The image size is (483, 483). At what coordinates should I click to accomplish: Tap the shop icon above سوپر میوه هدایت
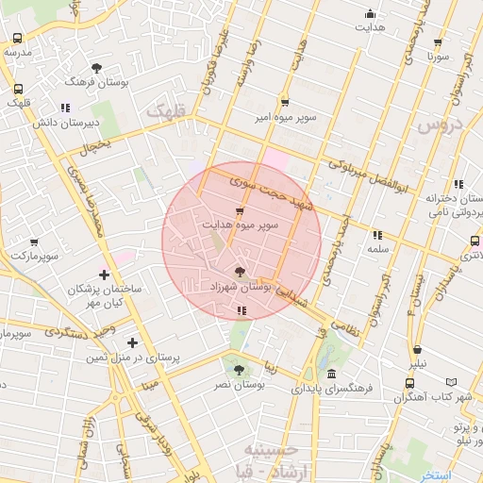240,209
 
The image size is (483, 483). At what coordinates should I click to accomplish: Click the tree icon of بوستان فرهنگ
97,68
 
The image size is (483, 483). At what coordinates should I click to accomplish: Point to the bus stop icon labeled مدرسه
18,38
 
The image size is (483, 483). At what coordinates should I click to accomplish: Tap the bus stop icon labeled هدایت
370,14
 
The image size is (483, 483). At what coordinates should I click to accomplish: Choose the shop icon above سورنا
438,42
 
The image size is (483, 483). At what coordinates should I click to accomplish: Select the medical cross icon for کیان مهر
104,275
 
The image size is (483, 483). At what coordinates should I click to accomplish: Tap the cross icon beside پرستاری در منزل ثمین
132,342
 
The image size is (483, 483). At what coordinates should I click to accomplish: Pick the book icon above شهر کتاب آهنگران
451,382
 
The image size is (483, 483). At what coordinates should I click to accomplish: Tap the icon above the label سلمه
377,234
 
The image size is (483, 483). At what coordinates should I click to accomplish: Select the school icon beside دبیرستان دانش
65,108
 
